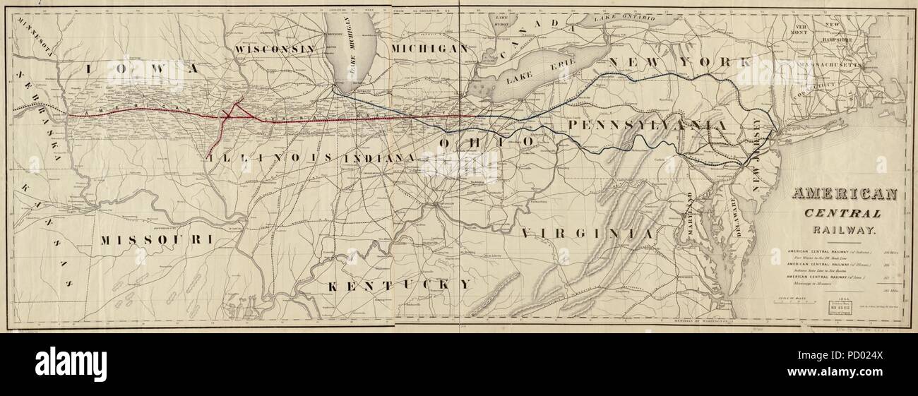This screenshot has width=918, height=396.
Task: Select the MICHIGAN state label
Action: (x=429, y=49)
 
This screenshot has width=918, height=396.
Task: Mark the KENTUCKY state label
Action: (x=398, y=284)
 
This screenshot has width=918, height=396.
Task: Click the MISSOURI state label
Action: (x=156, y=240)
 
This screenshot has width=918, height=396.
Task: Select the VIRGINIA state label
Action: (x=588, y=232)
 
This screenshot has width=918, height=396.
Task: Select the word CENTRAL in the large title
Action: (x=845, y=214)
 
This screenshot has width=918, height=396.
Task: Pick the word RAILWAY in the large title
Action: (x=845, y=230)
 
